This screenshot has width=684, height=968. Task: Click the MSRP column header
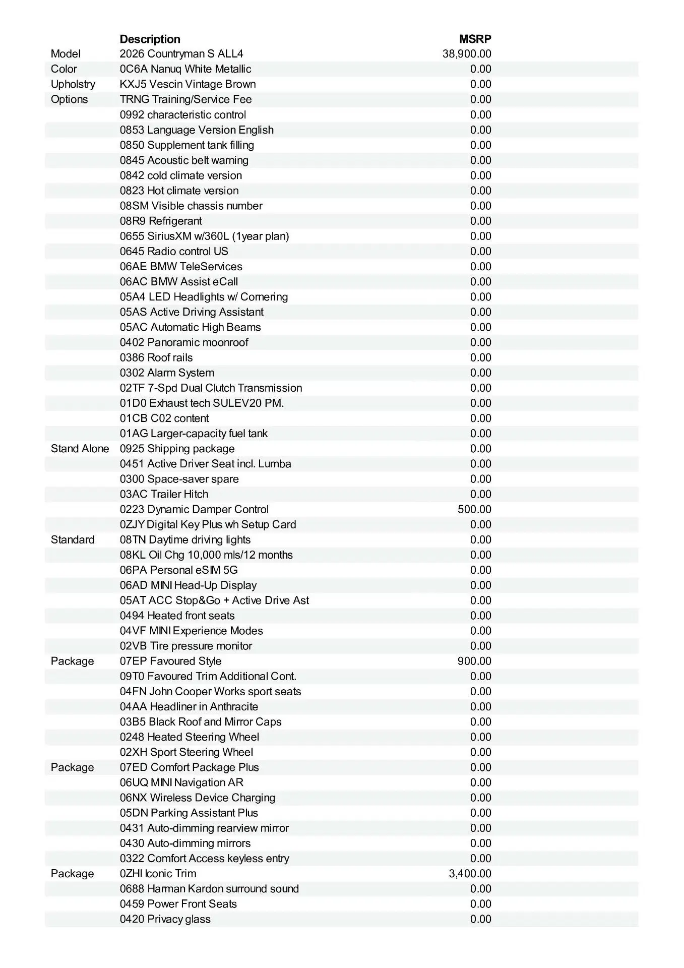(475, 39)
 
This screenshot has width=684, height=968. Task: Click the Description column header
(150, 39)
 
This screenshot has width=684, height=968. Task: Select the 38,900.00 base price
(467, 54)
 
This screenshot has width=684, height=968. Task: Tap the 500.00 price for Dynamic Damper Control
(474, 509)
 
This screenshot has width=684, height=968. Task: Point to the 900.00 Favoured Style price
(474, 661)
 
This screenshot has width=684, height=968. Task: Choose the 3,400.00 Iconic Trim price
(470, 874)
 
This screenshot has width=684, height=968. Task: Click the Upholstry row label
(73, 84)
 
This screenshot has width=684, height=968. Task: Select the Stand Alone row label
(80, 449)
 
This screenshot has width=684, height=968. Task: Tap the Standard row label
(73, 540)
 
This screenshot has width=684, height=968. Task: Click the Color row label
(64, 69)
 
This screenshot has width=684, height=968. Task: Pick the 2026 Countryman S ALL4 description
(181, 54)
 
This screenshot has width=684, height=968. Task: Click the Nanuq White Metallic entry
(185, 69)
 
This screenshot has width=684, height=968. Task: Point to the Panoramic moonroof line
(184, 342)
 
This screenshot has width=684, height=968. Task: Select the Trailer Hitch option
(164, 494)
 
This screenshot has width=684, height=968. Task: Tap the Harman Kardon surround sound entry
(209, 889)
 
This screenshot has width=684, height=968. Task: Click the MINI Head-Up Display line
(188, 585)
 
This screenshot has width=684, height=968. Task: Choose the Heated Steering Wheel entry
(190, 737)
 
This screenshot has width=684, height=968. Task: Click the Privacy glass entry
(165, 919)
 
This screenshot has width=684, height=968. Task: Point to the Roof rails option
(156, 357)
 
